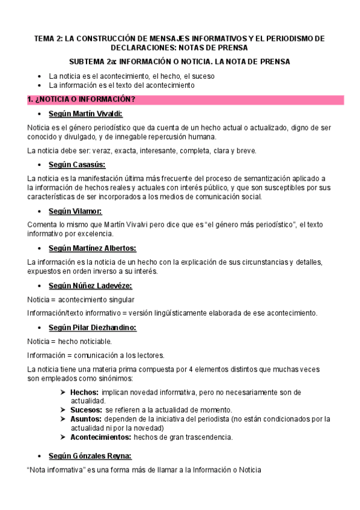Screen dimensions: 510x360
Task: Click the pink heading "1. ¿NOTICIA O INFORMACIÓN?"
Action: tap(82, 99)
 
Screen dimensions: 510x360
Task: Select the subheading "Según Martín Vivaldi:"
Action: tap(88, 114)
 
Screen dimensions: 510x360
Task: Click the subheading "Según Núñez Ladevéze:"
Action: tap(90, 285)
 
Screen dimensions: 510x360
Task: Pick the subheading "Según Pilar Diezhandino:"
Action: tap(93, 328)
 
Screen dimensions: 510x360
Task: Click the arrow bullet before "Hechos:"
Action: tap(63, 392)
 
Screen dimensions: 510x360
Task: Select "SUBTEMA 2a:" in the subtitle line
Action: tap(93, 61)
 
